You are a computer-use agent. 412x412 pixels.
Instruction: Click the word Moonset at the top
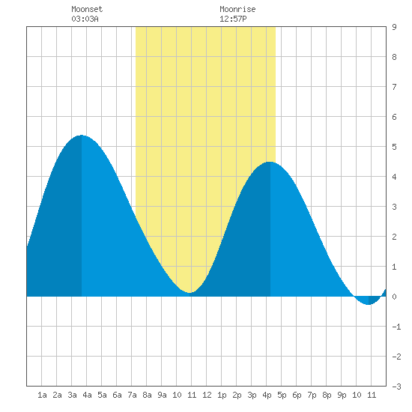pyautogui.click(x=87, y=9)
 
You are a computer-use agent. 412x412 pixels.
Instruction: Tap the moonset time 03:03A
pyautogui.click(x=85, y=19)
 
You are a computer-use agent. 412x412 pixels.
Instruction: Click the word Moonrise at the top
pyautogui.click(x=237, y=9)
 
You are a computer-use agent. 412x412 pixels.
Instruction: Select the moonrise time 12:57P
pyautogui.click(x=233, y=19)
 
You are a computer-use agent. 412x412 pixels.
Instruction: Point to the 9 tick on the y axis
pyautogui.click(x=394, y=27)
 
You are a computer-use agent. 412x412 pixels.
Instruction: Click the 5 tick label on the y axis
pyautogui.click(x=394, y=147)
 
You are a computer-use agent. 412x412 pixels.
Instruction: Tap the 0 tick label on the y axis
pyautogui.click(x=394, y=297)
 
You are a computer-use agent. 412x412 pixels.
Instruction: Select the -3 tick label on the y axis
pyautogui.click(x=396, y=387)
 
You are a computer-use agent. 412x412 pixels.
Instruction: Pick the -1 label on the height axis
pyautogui.click(x=396, y=327)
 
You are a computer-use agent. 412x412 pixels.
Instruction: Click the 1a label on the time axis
pyautogui.click(x=42, y=395)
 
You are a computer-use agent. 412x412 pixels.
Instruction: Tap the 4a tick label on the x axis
pyautogui.click(x=87, y=395)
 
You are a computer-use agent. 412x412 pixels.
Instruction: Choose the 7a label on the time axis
pyautogui.click(x=132, y=395)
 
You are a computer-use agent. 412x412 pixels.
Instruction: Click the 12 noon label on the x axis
pyautogui.click(x=207, y=395)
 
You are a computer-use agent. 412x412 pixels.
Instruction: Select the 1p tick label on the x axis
pyautogui.click(x=222, y=395)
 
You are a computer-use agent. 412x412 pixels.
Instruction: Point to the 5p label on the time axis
pyautogui.click(x=282, y=395)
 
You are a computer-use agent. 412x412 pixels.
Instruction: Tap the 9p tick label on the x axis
pyautogui.click(x=342, y=395)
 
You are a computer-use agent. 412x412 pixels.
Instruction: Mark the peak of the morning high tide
pyautogui.click(x=82, y=135)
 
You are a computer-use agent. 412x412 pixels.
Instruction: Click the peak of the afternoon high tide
pyautogui.click(x=270, y=162)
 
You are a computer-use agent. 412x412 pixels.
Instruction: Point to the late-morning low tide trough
pyautogui.click(x=190, y=292)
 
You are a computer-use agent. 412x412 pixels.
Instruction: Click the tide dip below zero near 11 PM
pyautogui.click(x=369, y=305)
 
